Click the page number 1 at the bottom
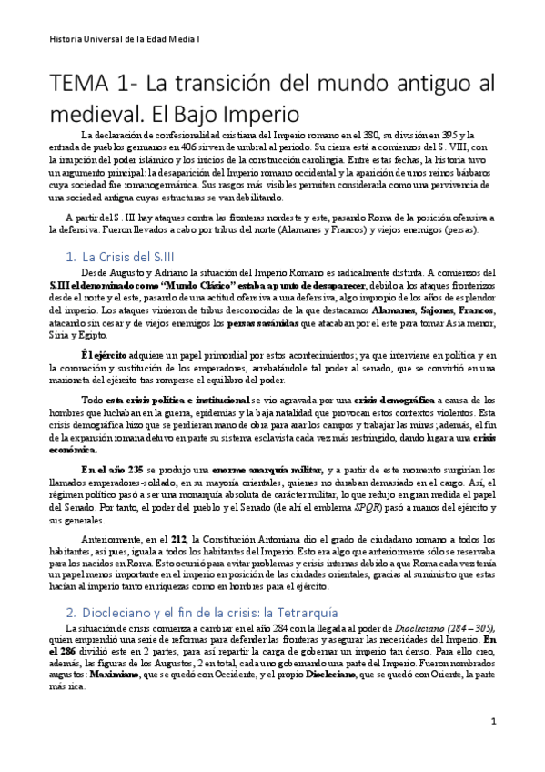point(492,722)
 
